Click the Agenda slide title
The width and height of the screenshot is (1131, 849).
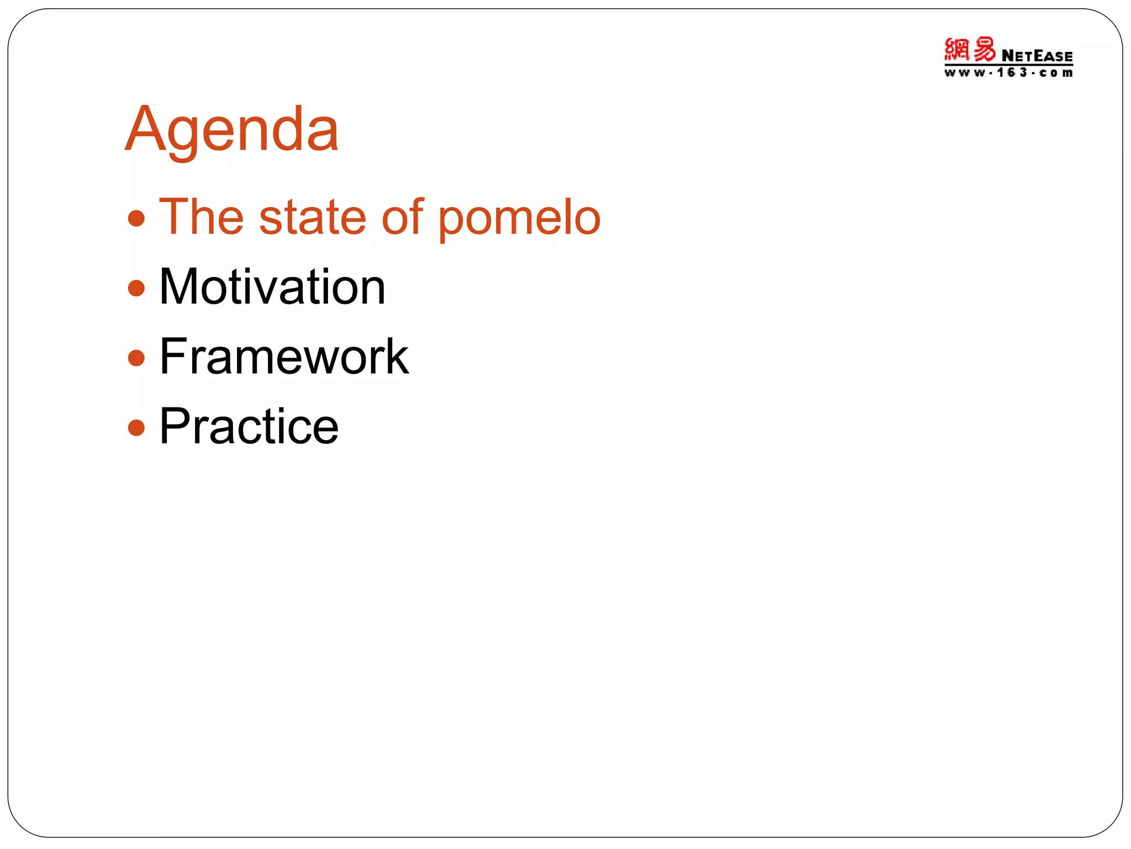(x=232, y=130)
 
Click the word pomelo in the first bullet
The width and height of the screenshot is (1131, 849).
(x=519, y=218)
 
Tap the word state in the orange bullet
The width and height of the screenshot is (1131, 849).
(x=313, y=217)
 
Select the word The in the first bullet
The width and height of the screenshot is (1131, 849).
(x=201, y=217)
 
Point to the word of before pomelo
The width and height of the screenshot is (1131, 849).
(x=403, y=217)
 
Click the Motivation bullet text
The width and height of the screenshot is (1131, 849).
(x=272, y=287)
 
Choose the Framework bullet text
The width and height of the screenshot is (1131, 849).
(x=284, y=357)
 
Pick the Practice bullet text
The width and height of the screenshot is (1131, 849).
(x=249, y=426)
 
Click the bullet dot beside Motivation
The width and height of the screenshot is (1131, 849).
(x=136, y=288)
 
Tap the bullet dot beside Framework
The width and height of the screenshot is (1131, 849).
(x=136, y=358)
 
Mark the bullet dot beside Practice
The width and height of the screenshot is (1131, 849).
(x=136, y=427)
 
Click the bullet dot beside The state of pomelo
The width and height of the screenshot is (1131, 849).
(x=136, y=218)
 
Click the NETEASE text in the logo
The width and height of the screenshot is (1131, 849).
(x=1037, y=56)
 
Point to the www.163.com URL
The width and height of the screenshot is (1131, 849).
(x=1008, y=73)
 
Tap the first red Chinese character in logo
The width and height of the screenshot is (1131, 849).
(x=956, y=50)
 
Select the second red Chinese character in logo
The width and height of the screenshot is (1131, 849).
(x=984, y=50)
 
